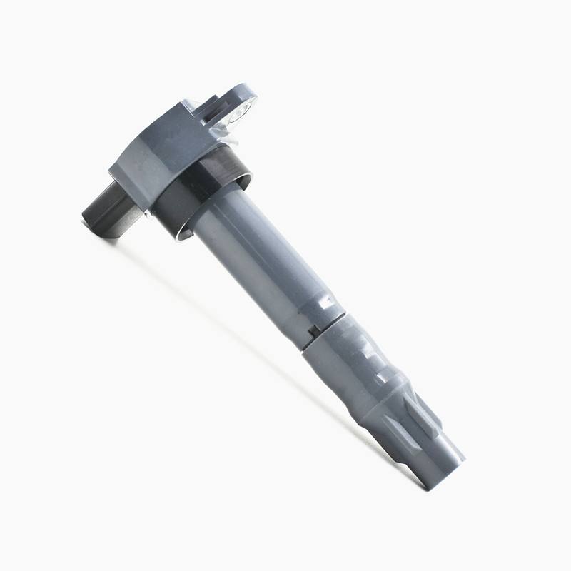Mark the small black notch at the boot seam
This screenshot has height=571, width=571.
[x=313, y=330]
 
